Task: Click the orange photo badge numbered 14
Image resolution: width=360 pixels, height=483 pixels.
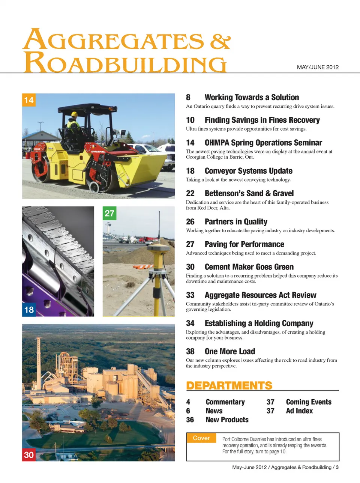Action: [29, 100]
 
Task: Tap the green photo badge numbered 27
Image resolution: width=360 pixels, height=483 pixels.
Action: [109, 213]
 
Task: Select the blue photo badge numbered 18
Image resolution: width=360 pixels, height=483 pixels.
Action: [29, 310]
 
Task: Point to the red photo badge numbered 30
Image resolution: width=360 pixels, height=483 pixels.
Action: [29, 455]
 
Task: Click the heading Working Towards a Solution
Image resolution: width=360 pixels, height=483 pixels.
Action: [252, 98]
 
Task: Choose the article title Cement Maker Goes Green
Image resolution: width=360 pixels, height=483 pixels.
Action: [249, 267]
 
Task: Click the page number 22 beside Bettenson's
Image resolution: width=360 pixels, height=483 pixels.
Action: [190, 194]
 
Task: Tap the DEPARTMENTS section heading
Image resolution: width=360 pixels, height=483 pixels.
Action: [229, 386]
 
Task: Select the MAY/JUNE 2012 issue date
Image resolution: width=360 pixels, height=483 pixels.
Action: [318, 67]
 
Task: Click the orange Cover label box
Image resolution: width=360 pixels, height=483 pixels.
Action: [201, 438]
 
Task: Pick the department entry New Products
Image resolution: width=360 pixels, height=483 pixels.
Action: [227, 420]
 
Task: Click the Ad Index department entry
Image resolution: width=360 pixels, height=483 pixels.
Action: [299, 411]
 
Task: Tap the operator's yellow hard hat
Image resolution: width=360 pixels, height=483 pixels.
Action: [74, 114]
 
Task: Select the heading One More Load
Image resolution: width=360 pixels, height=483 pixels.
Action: [229, 352]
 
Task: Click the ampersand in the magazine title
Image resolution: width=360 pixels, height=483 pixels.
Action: [220, 41]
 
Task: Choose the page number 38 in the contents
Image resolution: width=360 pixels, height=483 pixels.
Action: [190, 352]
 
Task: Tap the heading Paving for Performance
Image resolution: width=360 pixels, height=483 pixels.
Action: [244, 244]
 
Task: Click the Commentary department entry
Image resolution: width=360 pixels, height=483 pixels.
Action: [225, 402]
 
